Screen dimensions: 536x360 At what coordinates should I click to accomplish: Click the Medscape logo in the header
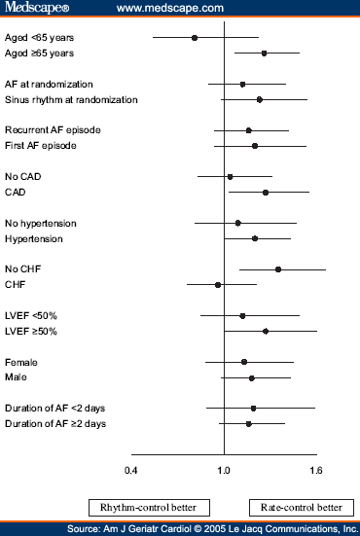click(33, 9)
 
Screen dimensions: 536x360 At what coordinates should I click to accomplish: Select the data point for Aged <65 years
click(195, 38)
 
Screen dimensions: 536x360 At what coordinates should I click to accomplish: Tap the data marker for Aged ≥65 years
click(265, 53)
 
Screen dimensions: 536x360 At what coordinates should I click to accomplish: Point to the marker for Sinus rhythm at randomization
click(260, 99)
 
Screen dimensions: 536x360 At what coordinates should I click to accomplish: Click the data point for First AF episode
click(255, 146)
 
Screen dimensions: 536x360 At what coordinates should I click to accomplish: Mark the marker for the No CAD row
click(230, 177)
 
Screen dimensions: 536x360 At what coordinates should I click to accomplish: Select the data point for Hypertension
click(255, 238)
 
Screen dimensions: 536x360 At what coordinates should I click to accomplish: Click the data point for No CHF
click(278, 269)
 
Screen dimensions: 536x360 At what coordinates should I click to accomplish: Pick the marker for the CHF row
click(218, 285)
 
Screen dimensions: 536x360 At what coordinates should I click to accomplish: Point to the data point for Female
click(244, 362)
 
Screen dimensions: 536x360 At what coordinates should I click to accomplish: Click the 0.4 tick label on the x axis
click(131, 470)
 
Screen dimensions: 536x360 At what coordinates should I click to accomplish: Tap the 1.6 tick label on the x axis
click(315, 470)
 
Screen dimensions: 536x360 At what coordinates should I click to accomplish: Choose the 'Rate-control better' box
click(301, 507)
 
